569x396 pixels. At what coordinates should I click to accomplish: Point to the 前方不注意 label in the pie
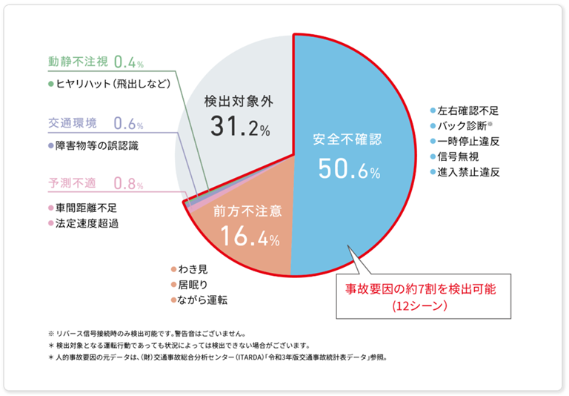pyautogui.click(x=247, y=211)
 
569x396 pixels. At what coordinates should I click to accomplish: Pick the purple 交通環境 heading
pyautogui.click(x=73, y=123)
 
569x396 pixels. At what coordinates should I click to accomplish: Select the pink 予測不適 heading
pyautogui.click(x=73, y=182)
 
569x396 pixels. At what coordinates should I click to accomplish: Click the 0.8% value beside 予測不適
pyautogui.click(x=130, y=182)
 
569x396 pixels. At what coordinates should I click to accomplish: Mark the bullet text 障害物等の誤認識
pyautogui.click(x=97, y=145)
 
